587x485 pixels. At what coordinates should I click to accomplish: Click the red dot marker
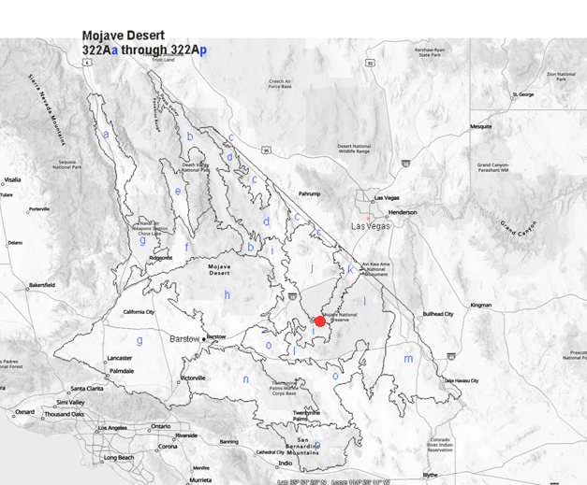point(320,321)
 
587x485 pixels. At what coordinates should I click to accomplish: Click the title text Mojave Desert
point(123,36)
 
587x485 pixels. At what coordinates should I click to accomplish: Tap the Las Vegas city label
point(370,226)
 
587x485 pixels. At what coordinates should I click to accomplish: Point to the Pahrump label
point(309,193)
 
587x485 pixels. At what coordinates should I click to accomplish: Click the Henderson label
point(403,212)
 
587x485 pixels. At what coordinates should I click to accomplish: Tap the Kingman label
point(480,305)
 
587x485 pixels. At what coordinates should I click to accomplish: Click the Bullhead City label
point(438,314)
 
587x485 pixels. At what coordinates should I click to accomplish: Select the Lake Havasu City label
point(461,380)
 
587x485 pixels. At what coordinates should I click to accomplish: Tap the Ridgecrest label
point(160,258)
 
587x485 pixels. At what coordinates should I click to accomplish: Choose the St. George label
point(521,94)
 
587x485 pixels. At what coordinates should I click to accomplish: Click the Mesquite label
point(480,126)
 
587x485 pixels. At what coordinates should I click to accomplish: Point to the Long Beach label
point(119,458)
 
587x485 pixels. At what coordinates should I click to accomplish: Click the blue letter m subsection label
point(408,359)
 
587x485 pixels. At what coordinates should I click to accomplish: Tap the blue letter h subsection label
point(227,295)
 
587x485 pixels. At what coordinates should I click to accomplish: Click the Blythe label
point(430,475)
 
